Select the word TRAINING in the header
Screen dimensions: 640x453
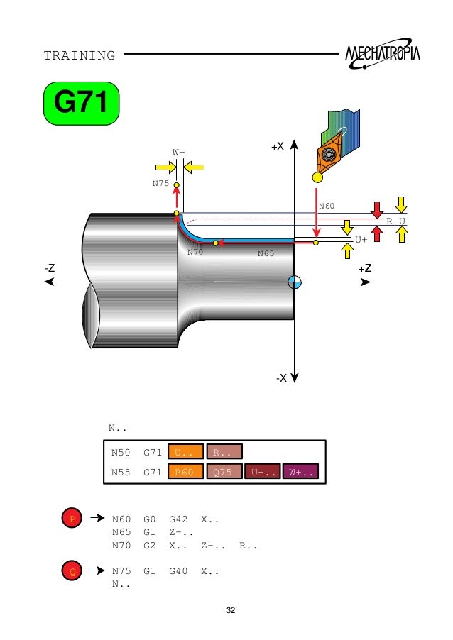tap(80, 55)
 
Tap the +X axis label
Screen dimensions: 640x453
tap(277, 146)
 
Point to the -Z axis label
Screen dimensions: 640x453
tap(50, 268)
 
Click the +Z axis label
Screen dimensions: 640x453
tap(364, 268)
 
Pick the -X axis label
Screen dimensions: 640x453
tap(281, 377)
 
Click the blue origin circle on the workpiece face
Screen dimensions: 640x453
tap(295, 282)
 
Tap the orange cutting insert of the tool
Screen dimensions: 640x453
tap(329, 155)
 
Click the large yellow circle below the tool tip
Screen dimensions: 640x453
tap(317, 177)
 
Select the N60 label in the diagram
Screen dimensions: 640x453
tap(326, 206)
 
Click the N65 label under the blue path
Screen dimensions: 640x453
tap(266, 253)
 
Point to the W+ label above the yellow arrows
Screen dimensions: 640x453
tap(179, 152)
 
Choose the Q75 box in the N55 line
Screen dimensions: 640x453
tap(224, 472)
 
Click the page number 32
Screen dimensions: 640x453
tap(230, 610)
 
